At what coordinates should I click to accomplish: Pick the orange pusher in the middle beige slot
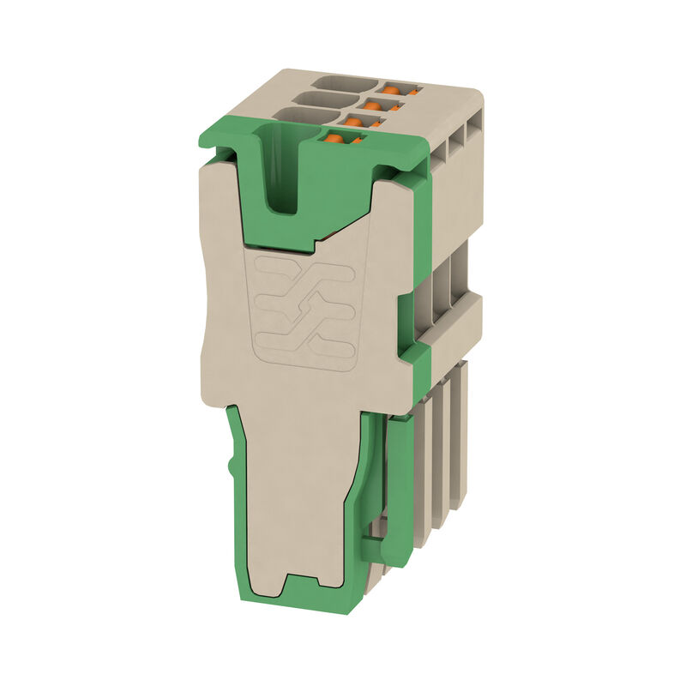tap(374, 105)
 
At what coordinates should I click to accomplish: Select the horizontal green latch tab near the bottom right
tap(377, 549)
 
